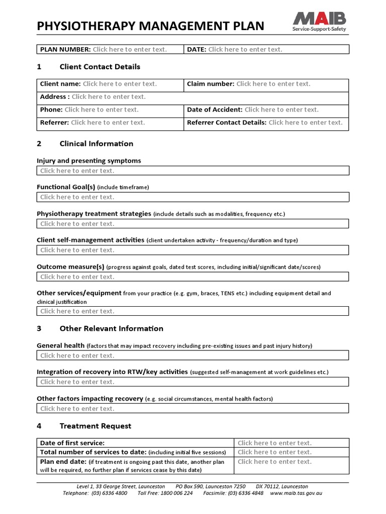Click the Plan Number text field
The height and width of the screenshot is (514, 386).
coord(130,49)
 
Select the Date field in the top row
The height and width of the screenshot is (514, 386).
coord(245,49)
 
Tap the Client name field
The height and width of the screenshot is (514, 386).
coord(120,84)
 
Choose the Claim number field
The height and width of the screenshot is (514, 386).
coord(273,84)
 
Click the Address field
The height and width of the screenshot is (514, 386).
coord(109,97)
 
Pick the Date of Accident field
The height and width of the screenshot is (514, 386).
coord(281,109)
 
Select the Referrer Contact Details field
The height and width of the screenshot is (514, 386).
coord(305,122)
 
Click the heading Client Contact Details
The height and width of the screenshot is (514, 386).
coord(100,67)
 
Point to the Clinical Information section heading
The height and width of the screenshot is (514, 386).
coord(96,144)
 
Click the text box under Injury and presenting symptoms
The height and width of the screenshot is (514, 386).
coord(192,171)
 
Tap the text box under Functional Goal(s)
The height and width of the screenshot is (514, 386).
coord(192,197)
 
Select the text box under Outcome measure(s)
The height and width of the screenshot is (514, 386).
coord(192,277)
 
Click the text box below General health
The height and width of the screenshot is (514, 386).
coord(192,356)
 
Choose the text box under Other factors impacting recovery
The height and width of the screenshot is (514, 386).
coord(192,409)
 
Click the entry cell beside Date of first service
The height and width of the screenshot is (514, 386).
coord(291,443)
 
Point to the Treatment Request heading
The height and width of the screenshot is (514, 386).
coord(95,426)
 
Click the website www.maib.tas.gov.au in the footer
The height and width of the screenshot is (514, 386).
coord(296,493)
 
